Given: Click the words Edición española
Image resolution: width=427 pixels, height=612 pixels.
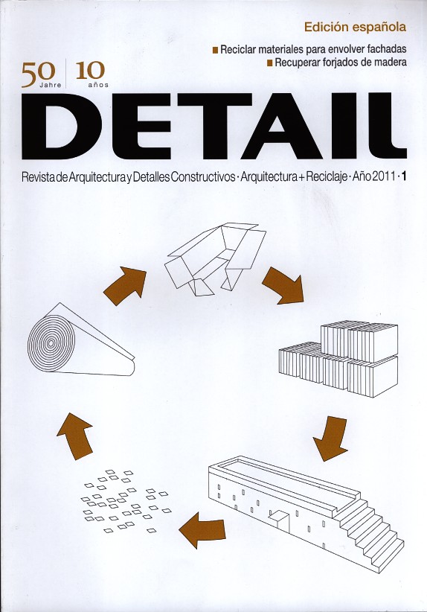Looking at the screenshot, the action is [x=355, y=28].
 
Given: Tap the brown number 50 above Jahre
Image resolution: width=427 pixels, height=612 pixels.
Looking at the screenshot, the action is [x=38, y=72].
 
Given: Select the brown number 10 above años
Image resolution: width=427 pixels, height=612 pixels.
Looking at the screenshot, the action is [x=91, y=70].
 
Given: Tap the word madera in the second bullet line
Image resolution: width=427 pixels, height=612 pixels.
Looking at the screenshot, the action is [x=390, y=62].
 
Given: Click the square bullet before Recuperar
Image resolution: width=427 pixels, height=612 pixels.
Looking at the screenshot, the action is [x=269, y=63].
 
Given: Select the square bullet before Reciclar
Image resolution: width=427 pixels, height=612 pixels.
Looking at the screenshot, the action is [x=215, y=51].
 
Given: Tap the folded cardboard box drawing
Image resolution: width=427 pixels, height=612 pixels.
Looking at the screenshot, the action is [x=215, y=259].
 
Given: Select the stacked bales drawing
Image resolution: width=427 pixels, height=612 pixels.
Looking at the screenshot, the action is [x=338, y=358].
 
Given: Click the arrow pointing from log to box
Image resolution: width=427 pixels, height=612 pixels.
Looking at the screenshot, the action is [x=125, y=285].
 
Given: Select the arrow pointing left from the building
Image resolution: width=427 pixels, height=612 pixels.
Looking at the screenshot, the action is [x=202, y=530].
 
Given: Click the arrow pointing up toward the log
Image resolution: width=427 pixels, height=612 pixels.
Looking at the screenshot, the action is [x=75, y=436].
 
